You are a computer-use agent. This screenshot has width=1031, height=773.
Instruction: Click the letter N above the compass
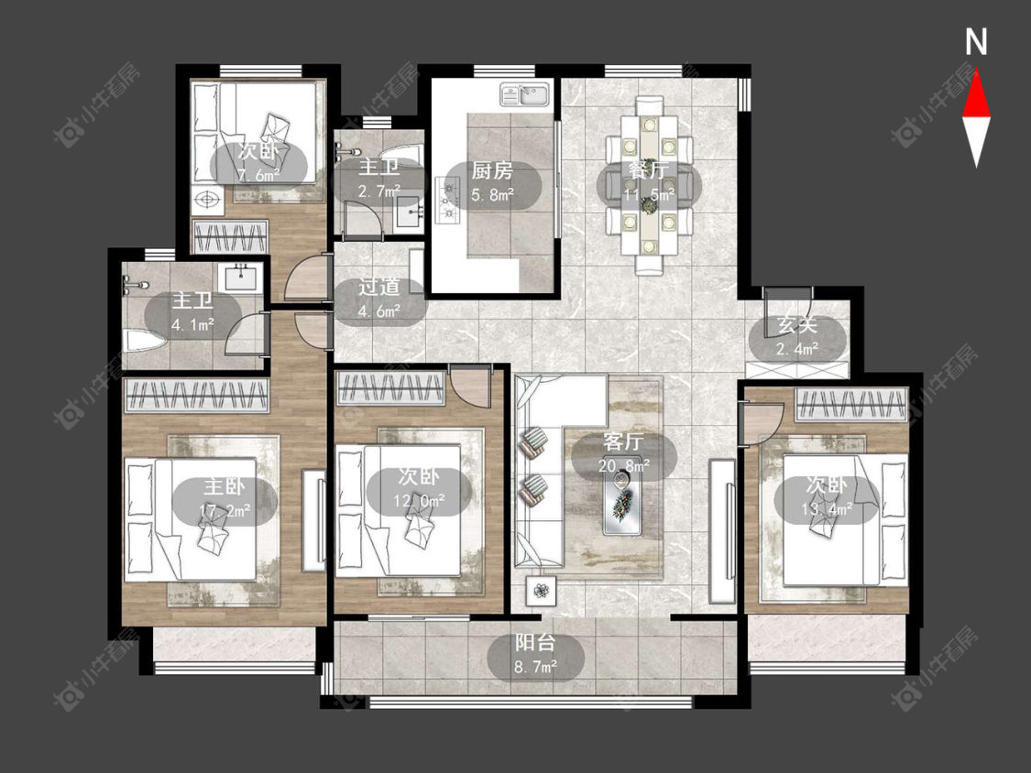click(x=976, y=42)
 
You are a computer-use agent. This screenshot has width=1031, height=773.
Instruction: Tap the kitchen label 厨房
click(x=492, y=171)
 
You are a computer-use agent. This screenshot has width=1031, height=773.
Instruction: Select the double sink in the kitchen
click(x=525, y=94)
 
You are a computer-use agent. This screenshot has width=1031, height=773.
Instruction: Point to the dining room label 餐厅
click(x=649, y=171)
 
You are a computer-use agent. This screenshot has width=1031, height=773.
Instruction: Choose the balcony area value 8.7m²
click(x=536, y=667)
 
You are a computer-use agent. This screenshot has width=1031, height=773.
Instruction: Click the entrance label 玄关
click(x=797, y=325)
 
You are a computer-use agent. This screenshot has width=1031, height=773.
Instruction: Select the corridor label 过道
click(x=379, y=288)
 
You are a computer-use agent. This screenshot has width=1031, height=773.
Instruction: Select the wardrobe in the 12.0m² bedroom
click(x=390, y=387)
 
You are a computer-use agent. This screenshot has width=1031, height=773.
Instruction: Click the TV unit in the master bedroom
click(x=314, y=520)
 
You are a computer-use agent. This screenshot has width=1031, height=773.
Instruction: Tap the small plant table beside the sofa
click(x=542, y=591)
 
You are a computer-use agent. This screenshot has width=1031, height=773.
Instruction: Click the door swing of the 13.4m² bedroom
click(x=762, y=422)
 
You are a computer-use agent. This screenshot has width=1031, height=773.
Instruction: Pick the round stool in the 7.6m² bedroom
click(x=207, y=198)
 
